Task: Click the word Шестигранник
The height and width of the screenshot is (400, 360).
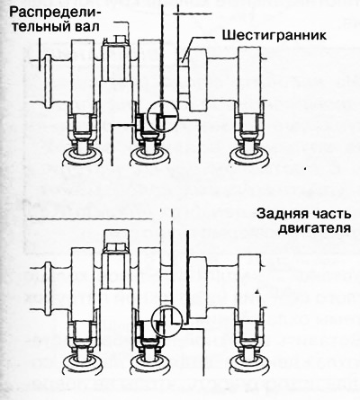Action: point(274,35)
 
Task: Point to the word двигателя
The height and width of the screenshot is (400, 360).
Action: point(314,228)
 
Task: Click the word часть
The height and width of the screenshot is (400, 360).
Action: point(331,215)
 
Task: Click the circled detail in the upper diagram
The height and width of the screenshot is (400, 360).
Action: point(163,116)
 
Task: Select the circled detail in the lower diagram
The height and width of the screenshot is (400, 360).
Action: point(166,322)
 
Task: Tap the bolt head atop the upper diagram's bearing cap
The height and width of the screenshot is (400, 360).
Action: point(118,39)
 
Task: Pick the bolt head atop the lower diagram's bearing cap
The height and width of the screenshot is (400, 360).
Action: point(116,247)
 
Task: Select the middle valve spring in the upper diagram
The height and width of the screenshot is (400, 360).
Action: point(148,156)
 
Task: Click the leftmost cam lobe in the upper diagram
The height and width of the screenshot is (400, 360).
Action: point(83,77)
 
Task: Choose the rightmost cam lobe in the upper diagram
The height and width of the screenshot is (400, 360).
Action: point(249,77)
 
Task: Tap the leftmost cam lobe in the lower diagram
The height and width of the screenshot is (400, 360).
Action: point(83,285)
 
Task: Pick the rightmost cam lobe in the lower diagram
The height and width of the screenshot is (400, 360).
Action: point(249,286)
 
